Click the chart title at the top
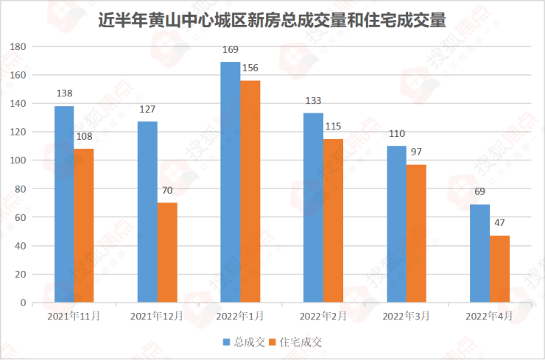pos(272,20)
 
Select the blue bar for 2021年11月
pos(64,204)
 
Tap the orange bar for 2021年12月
pos(167,252)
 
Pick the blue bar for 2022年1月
pos(230,182)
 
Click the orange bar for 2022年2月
pos(333,220)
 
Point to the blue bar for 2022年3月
pos(396,224)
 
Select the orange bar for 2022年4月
pos(499,269)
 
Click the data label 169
pos(230,51)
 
